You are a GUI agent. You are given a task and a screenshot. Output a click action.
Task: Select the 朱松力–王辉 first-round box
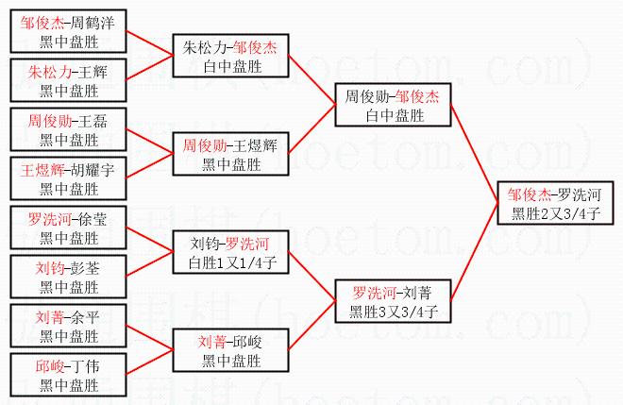(x=69, y=80)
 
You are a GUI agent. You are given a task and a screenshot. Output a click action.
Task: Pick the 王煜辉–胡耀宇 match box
(x=69, y=178)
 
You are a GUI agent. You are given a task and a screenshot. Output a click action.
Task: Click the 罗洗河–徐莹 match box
(x=69, y=228)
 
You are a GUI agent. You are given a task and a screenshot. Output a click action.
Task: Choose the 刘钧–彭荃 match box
(x=69, y=277)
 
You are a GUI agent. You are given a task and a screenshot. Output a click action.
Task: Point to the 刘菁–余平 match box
(x=69, y=326)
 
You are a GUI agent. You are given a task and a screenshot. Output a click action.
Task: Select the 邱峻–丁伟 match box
(x=69, y=375)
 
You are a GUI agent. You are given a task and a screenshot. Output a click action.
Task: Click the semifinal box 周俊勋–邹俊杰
(x=392, y=105)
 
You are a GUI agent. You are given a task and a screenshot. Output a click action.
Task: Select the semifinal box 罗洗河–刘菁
(x=392, y=301)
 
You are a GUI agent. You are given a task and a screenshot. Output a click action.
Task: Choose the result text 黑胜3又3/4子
(x=392, y=312)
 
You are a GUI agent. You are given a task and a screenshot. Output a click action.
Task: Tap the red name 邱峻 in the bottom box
(x=53, y=365)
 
